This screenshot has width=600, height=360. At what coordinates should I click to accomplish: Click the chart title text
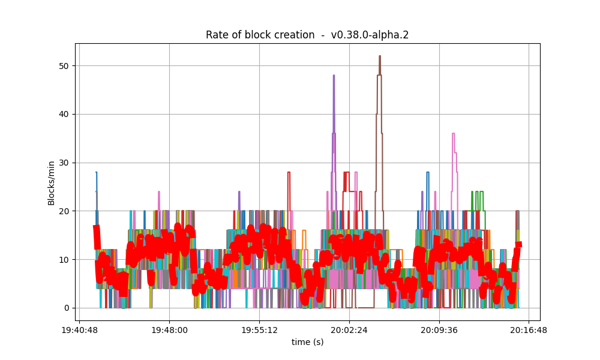(307, 35)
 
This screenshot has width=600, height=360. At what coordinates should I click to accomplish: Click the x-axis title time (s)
(307, 342)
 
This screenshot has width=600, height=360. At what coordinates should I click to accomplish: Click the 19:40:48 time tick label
(79, 329)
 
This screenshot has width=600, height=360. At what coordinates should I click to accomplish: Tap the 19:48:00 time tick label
(169, 329)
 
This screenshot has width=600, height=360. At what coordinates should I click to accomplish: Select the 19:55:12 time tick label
(259, 329)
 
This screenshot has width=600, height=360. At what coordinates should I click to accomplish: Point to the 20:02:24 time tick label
(349, 329)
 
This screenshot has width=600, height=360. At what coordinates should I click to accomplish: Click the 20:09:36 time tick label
(439, 329)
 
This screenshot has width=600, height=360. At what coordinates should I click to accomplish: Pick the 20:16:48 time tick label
(529, 329)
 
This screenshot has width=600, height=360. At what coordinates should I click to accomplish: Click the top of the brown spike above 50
(380, 56)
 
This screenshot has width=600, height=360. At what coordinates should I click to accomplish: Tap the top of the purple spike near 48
(334, 76)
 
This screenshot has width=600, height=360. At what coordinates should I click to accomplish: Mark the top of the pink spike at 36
(454, 134)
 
